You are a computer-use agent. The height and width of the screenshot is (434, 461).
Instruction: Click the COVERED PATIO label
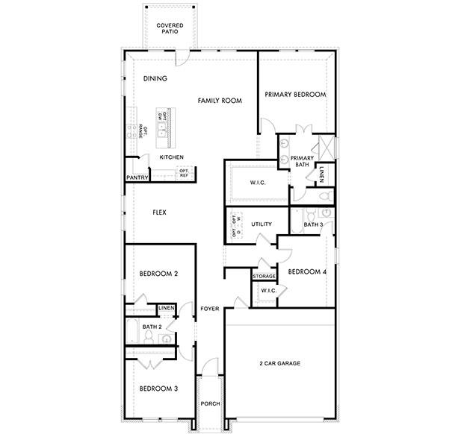pyautogui.click(x=170, y=29)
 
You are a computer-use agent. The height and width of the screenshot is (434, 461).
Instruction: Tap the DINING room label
pyautogui.click(x=155, y=78)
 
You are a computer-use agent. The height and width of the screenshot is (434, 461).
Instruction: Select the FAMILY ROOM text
pyautogui.click(x=220, y=100)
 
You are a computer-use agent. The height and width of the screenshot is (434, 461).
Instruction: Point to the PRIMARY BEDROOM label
pyautogui.click(x=296, y=95)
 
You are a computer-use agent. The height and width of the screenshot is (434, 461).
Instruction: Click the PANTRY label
pyautogui.click(x=137, y=178)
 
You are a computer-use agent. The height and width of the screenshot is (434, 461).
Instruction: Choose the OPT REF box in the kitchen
pyautogui.click(x=184, y=173)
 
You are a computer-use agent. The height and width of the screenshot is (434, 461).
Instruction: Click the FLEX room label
pyautogui.click(x=159, y=213)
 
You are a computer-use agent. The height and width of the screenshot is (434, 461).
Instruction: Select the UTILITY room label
pyautogui.click(x=261, y=224)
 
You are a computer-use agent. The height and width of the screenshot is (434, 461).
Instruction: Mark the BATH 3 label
pyautogui.click(x=313, y=224)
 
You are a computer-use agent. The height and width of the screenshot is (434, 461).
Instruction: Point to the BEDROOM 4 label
pyautogui.click(x=307, y=271)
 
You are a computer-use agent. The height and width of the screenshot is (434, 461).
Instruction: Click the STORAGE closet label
pyautogui.click(x=264, y=277)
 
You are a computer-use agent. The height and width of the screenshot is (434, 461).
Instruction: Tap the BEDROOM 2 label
pyautogui.click(x=158, y=274)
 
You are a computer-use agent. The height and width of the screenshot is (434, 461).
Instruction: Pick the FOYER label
pyautogui.click(x=210, y=308)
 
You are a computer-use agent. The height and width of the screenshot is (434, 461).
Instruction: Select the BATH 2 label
pyautogui.click(x=152, y=327)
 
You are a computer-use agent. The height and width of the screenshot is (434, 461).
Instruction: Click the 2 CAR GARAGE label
pyautogui.click(x=279, y=363)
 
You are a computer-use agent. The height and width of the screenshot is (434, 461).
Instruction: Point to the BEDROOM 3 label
pyautogui.click(x=158, y=389)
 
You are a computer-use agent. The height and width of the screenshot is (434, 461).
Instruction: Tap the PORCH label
pyautogui.click(x=210, y=403)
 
